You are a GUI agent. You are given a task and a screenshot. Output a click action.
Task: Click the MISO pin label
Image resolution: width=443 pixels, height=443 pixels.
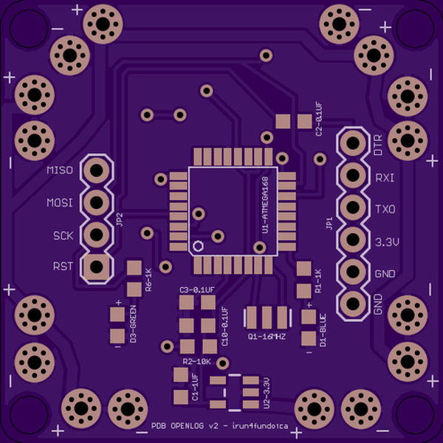60,171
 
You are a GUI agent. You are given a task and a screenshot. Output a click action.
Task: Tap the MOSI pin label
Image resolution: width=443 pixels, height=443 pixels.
60,203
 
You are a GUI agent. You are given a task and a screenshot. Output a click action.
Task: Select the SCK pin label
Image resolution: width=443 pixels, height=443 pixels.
63,236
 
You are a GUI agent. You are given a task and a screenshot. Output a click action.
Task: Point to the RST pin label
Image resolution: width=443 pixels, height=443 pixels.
63,267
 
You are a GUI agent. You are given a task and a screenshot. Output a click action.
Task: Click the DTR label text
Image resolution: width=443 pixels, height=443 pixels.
378,145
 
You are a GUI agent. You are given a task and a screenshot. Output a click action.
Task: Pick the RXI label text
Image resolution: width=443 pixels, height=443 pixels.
385,178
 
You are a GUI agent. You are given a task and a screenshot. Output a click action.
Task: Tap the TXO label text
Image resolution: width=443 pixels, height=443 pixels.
385,210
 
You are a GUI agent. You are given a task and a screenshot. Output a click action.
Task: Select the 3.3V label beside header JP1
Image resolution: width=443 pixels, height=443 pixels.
386,242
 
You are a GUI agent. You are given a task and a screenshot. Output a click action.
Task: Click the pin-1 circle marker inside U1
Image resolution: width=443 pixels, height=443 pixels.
198,247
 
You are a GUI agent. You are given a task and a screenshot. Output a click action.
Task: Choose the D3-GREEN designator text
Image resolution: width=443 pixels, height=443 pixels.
134,324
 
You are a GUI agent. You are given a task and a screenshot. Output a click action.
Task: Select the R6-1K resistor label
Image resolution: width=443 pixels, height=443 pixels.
148,280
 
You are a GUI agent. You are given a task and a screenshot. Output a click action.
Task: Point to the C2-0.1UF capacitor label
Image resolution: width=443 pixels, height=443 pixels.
319,122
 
